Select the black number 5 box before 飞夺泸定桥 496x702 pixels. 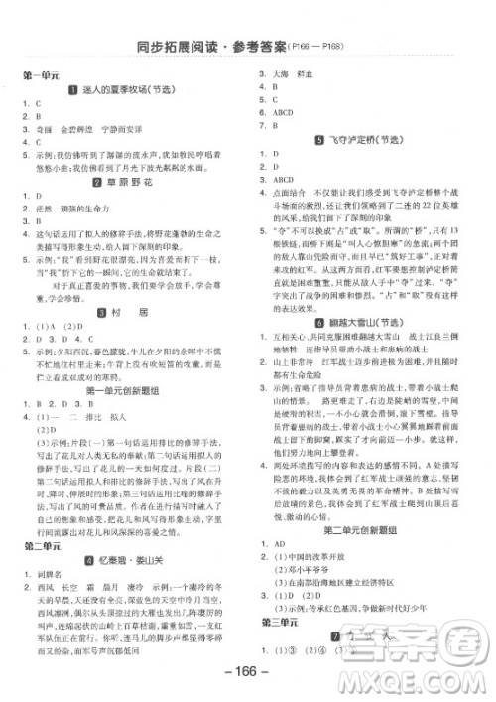(314, 140)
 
